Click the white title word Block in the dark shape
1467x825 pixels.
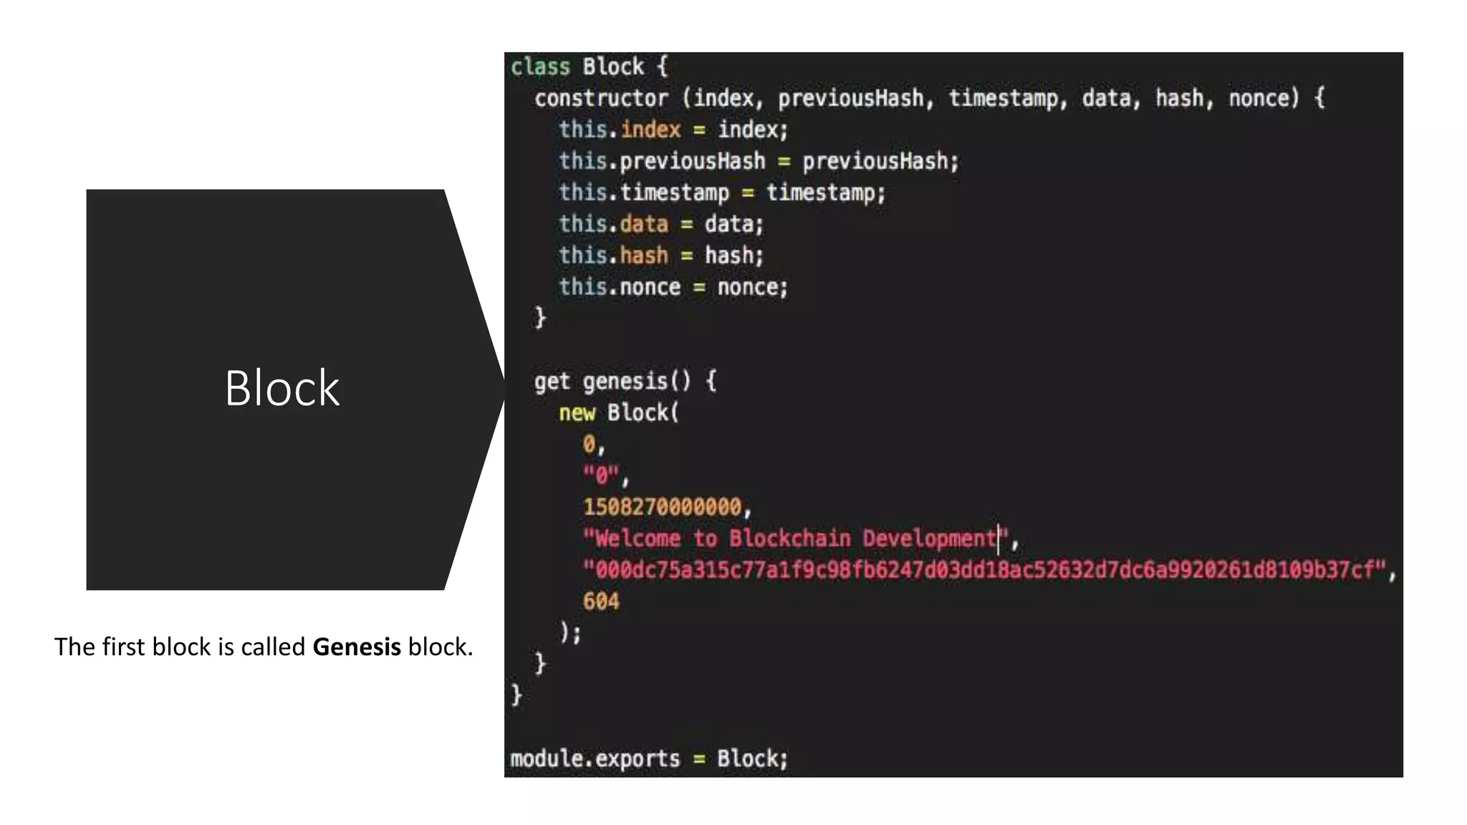click(282, 389)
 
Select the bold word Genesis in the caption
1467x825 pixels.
click(357, 647)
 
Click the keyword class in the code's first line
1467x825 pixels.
click(540, 67)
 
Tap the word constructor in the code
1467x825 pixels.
click(601, 98)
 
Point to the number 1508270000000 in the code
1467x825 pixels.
click(663, 507)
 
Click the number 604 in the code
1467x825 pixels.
click(601, 602)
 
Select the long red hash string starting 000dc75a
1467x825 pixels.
click(989, 570)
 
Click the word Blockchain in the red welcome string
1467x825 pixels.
click(790, 539)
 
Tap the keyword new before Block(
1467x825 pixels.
click(577, 413)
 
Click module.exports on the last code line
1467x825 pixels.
click(595, 758)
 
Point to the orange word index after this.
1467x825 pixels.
click(650, 130)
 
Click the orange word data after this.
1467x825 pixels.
click(644, 224)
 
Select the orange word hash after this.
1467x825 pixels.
click(644, 256)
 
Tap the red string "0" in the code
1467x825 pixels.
click(601, 476)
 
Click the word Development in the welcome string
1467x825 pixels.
click(929, 539)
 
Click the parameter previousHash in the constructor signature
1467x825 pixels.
click(851, 98)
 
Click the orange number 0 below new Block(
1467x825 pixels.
click(590, 445)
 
